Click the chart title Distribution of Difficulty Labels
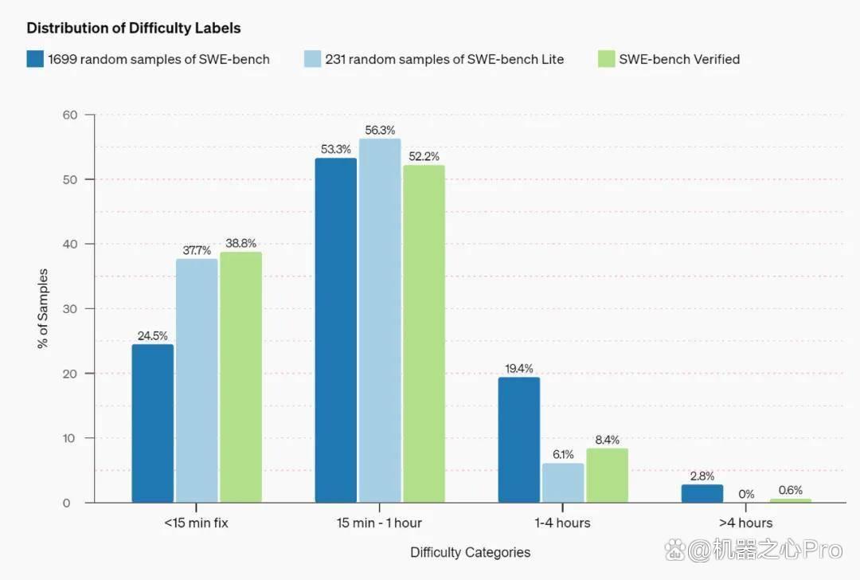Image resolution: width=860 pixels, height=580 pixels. point(134,28)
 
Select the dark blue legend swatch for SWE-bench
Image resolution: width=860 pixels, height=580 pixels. point(35,59)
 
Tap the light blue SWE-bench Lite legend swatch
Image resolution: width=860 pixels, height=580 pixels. point(313,59)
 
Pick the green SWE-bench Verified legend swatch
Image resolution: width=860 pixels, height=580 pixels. point(607,59)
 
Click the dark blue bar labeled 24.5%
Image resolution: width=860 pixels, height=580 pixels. point(153,423)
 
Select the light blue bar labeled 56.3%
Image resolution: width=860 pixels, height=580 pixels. point(380,320)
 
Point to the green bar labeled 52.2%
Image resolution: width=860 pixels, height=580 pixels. point(424,334)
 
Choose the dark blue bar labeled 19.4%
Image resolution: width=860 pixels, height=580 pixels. point(519,440)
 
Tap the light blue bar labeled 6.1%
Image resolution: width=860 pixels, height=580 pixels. point(563,482)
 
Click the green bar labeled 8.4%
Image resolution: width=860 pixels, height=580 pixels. point(607,475)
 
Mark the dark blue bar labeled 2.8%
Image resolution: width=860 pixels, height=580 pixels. point(702,493)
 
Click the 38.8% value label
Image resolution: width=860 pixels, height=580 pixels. point(240,243)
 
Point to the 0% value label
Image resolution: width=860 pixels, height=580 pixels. point(746,494)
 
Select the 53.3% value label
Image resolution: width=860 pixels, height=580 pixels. point(336,149)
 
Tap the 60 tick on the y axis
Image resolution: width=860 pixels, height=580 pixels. point(70,115)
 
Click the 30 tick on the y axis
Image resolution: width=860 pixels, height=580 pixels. point(70,309)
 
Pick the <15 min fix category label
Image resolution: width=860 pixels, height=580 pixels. point(196,523)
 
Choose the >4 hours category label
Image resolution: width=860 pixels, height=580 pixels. point(746,523)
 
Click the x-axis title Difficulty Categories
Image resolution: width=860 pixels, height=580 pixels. point(470,552)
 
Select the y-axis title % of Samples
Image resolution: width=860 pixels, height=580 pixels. point(43,308)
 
